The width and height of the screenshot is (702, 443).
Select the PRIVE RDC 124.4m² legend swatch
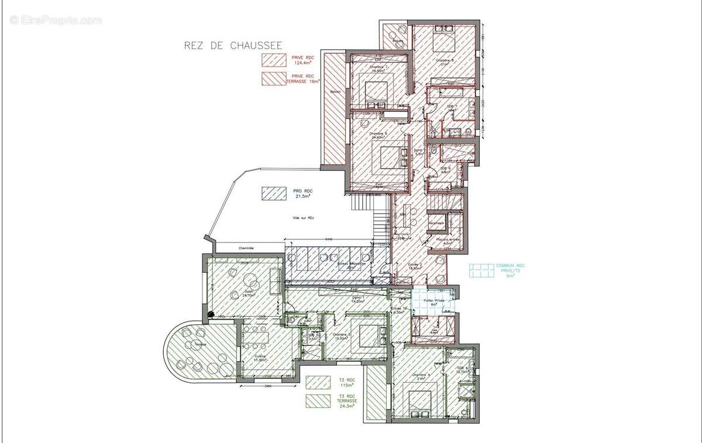(x=273, y=60)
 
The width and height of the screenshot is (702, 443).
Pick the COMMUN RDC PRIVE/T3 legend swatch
(x=481, y=270)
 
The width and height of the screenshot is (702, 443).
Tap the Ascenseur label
(x=436, y=223)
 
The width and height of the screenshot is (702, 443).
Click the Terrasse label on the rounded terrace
(x=185, y=345)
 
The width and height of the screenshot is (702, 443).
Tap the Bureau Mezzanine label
(x=351, y=264)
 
